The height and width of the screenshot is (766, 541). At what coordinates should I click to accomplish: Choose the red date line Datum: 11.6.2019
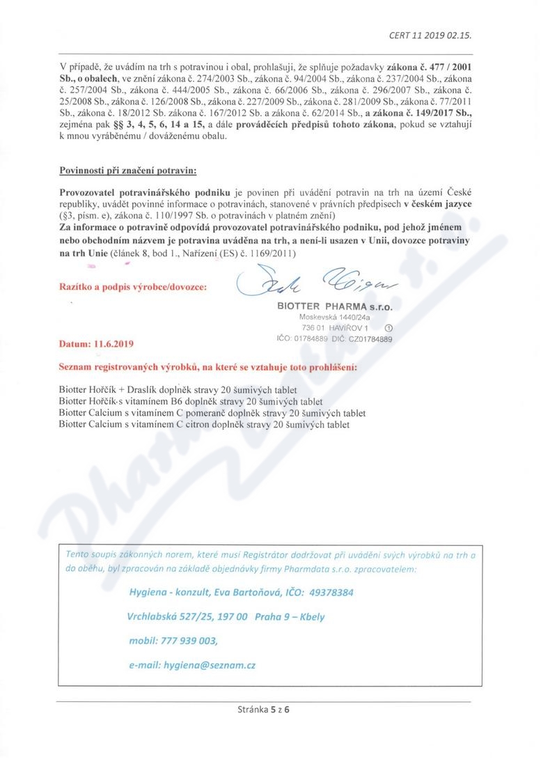point(97,343)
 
